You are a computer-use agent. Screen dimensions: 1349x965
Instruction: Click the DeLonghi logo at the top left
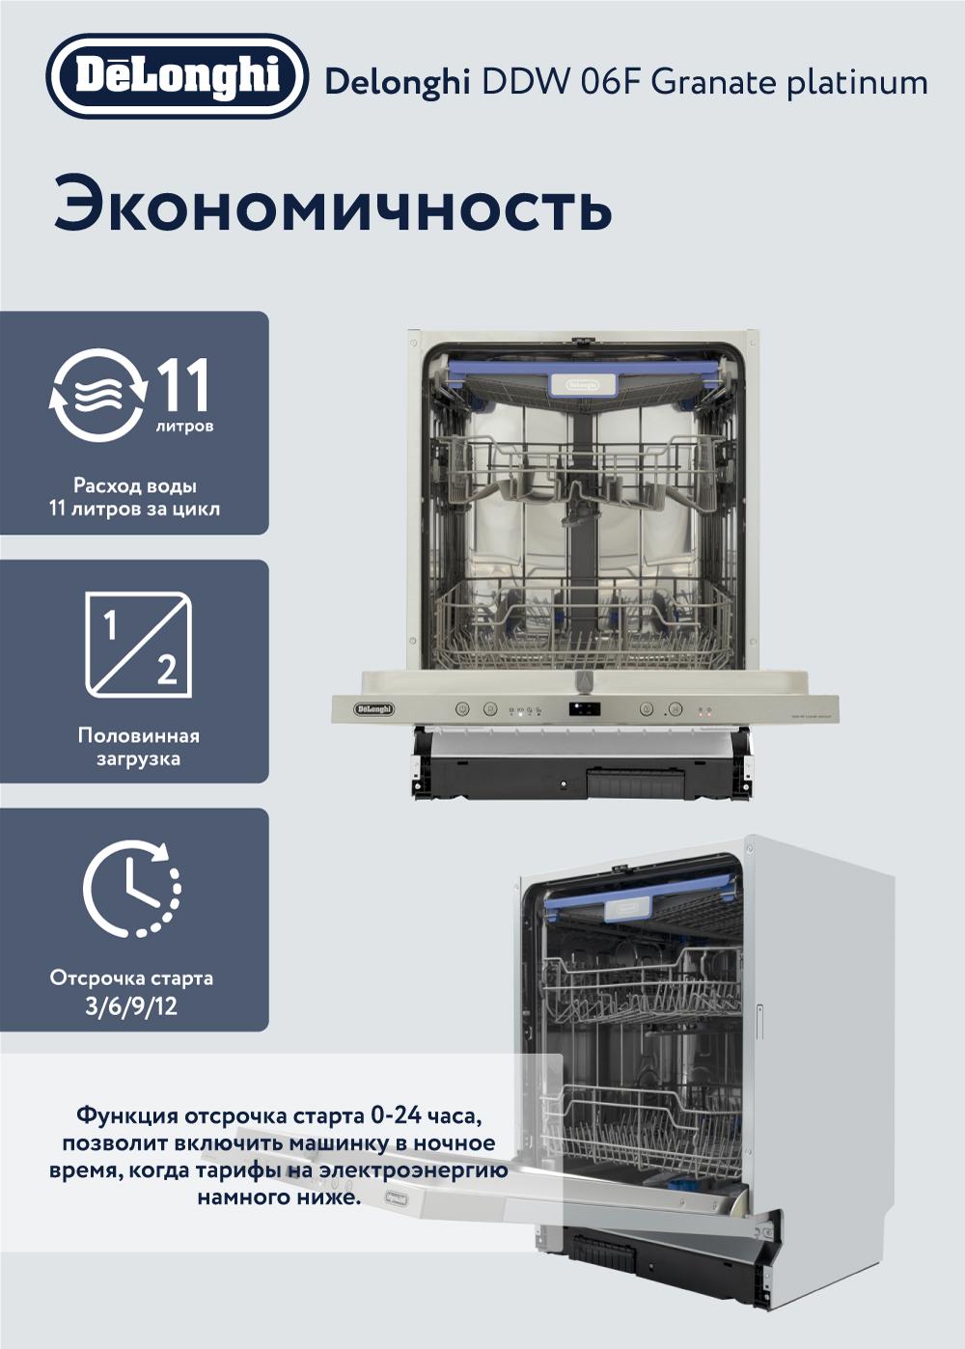pos(178,76)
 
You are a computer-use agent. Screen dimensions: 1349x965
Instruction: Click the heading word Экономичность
pos(333,206)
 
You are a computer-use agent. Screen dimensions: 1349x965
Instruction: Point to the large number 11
pos(182,386)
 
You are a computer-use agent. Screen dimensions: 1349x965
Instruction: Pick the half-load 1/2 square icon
pos(138,645)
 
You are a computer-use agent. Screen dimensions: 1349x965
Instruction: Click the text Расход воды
pos(134,485)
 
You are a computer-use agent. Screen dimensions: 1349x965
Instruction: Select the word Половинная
pos(138,735)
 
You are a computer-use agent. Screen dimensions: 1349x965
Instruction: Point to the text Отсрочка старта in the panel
pos(131,977)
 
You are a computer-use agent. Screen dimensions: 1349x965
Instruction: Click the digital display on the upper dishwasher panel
pos(584,709)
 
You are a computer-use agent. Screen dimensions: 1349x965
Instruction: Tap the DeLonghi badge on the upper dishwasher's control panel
pos(373,709)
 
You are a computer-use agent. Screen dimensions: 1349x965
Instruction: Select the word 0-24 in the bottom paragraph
pos(396,1115)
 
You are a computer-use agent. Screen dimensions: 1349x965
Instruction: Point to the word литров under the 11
pos(184,426)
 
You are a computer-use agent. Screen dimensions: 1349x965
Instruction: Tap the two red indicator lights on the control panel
pos(704,711)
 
